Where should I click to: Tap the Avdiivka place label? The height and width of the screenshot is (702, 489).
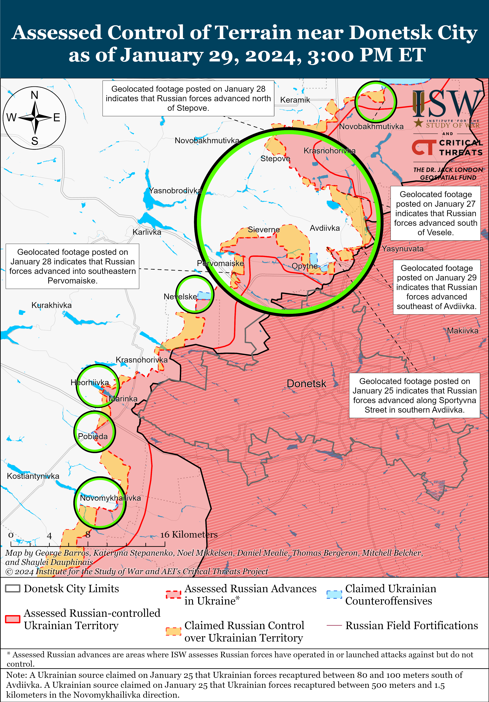325,228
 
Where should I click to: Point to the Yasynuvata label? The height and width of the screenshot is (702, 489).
402,249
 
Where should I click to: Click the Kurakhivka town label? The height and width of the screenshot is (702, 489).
51,305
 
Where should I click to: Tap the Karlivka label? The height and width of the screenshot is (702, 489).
147,232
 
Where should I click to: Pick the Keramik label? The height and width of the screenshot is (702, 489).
295,100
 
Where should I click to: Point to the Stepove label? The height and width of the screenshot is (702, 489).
275,159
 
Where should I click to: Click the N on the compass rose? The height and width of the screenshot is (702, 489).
35,95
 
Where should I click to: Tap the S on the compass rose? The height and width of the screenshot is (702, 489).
35,141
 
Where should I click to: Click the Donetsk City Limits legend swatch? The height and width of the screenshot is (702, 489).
13,589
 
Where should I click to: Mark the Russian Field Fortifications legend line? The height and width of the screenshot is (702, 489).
334,625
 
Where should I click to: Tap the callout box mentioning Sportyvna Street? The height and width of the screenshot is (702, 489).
414,395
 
